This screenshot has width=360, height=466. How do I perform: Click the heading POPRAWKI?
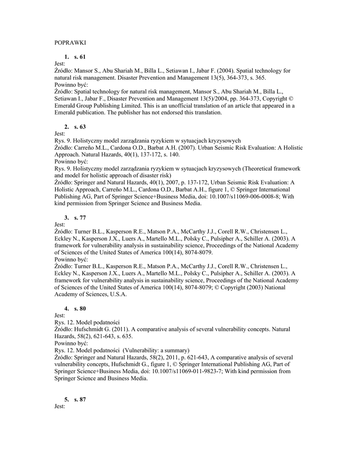pyautogui.click(x=70, y=43)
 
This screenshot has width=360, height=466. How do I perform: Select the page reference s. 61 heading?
pyautogui.click(x=80, y=57)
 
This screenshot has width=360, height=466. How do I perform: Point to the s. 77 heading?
pyautogui.click(x=80, y=218)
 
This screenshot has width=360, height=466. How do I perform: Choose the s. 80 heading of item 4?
pyautogui.click(x=80, y=309)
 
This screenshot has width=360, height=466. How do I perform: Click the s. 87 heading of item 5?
pyautogui.click(x=80, y=399)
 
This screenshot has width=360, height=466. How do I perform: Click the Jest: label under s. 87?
pyautogui.click(x=60, y=406)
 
